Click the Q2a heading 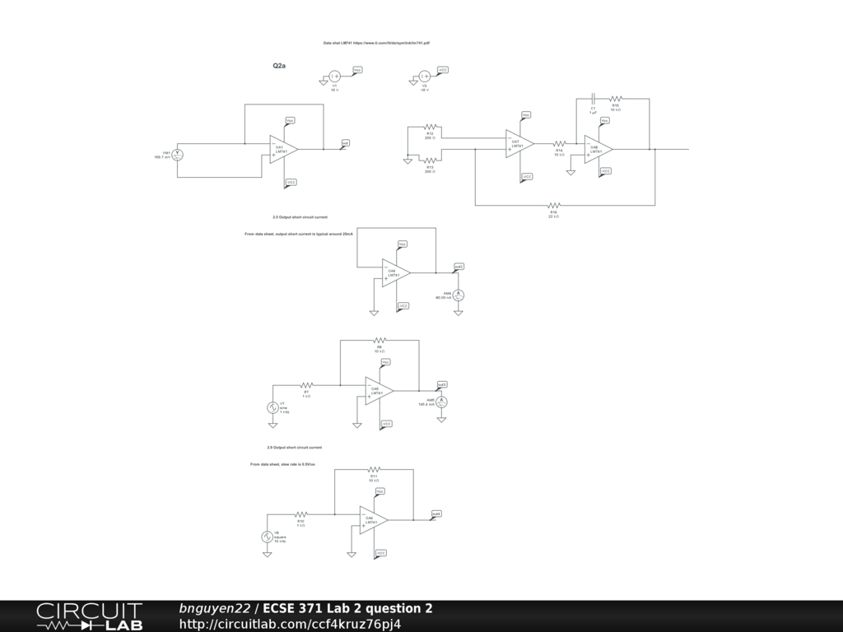(279, 65)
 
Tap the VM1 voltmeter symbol (176, 154)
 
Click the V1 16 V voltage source (334, 77)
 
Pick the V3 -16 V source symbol (424, 77)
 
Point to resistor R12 (430, 128)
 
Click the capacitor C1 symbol (593, 97)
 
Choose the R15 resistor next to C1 (615, 97)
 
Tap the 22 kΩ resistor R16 (553, 204)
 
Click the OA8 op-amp (597, 149)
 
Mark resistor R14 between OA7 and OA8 (559, 143)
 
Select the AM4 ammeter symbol (460, 295)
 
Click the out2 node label (459, 267)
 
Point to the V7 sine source (272, 407)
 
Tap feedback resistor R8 (380, 338)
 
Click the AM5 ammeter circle (441, 401)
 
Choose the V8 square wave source (267, 537)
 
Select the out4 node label (436, 514)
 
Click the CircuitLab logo (89, 616)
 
